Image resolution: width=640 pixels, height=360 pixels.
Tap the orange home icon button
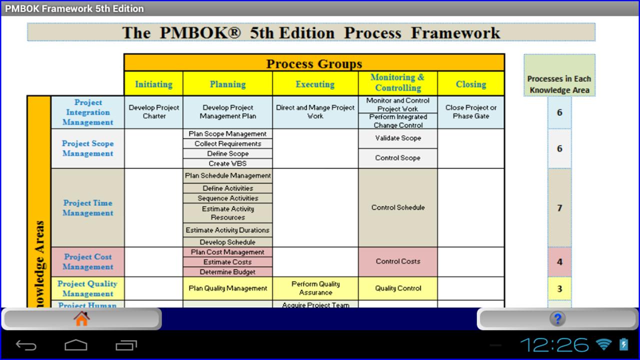point(81,318)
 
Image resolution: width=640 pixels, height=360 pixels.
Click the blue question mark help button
point(557,318)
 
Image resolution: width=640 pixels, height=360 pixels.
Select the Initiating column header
point(153,84)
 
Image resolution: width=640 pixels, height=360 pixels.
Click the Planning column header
point(227,84)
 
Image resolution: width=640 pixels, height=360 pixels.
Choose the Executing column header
point(315,84)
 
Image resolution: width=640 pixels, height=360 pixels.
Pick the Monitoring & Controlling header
point(397,82)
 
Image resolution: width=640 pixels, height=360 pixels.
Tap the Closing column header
point(470,84)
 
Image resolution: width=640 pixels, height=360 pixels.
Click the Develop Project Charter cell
point(154,111)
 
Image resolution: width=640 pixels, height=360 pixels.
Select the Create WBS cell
point(227,163)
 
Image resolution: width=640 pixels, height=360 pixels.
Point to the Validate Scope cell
point(398,138)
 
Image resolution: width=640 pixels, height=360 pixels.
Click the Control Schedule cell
point(398,207)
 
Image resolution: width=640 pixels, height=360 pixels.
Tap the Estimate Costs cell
point(227,262)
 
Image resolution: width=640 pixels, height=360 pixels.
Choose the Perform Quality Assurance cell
point(315,288)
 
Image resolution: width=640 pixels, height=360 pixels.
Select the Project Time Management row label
point(87,207)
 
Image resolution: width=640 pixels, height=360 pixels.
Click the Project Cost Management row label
point(87,261)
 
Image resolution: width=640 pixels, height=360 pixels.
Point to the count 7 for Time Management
point(559,208)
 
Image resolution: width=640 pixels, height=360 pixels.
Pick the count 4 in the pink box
point(559,262)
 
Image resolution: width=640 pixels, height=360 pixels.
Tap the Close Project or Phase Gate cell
point(470,111)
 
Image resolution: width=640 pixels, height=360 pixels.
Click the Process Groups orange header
point(314,63)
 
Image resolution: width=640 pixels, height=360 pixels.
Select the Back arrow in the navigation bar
point(26,345)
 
